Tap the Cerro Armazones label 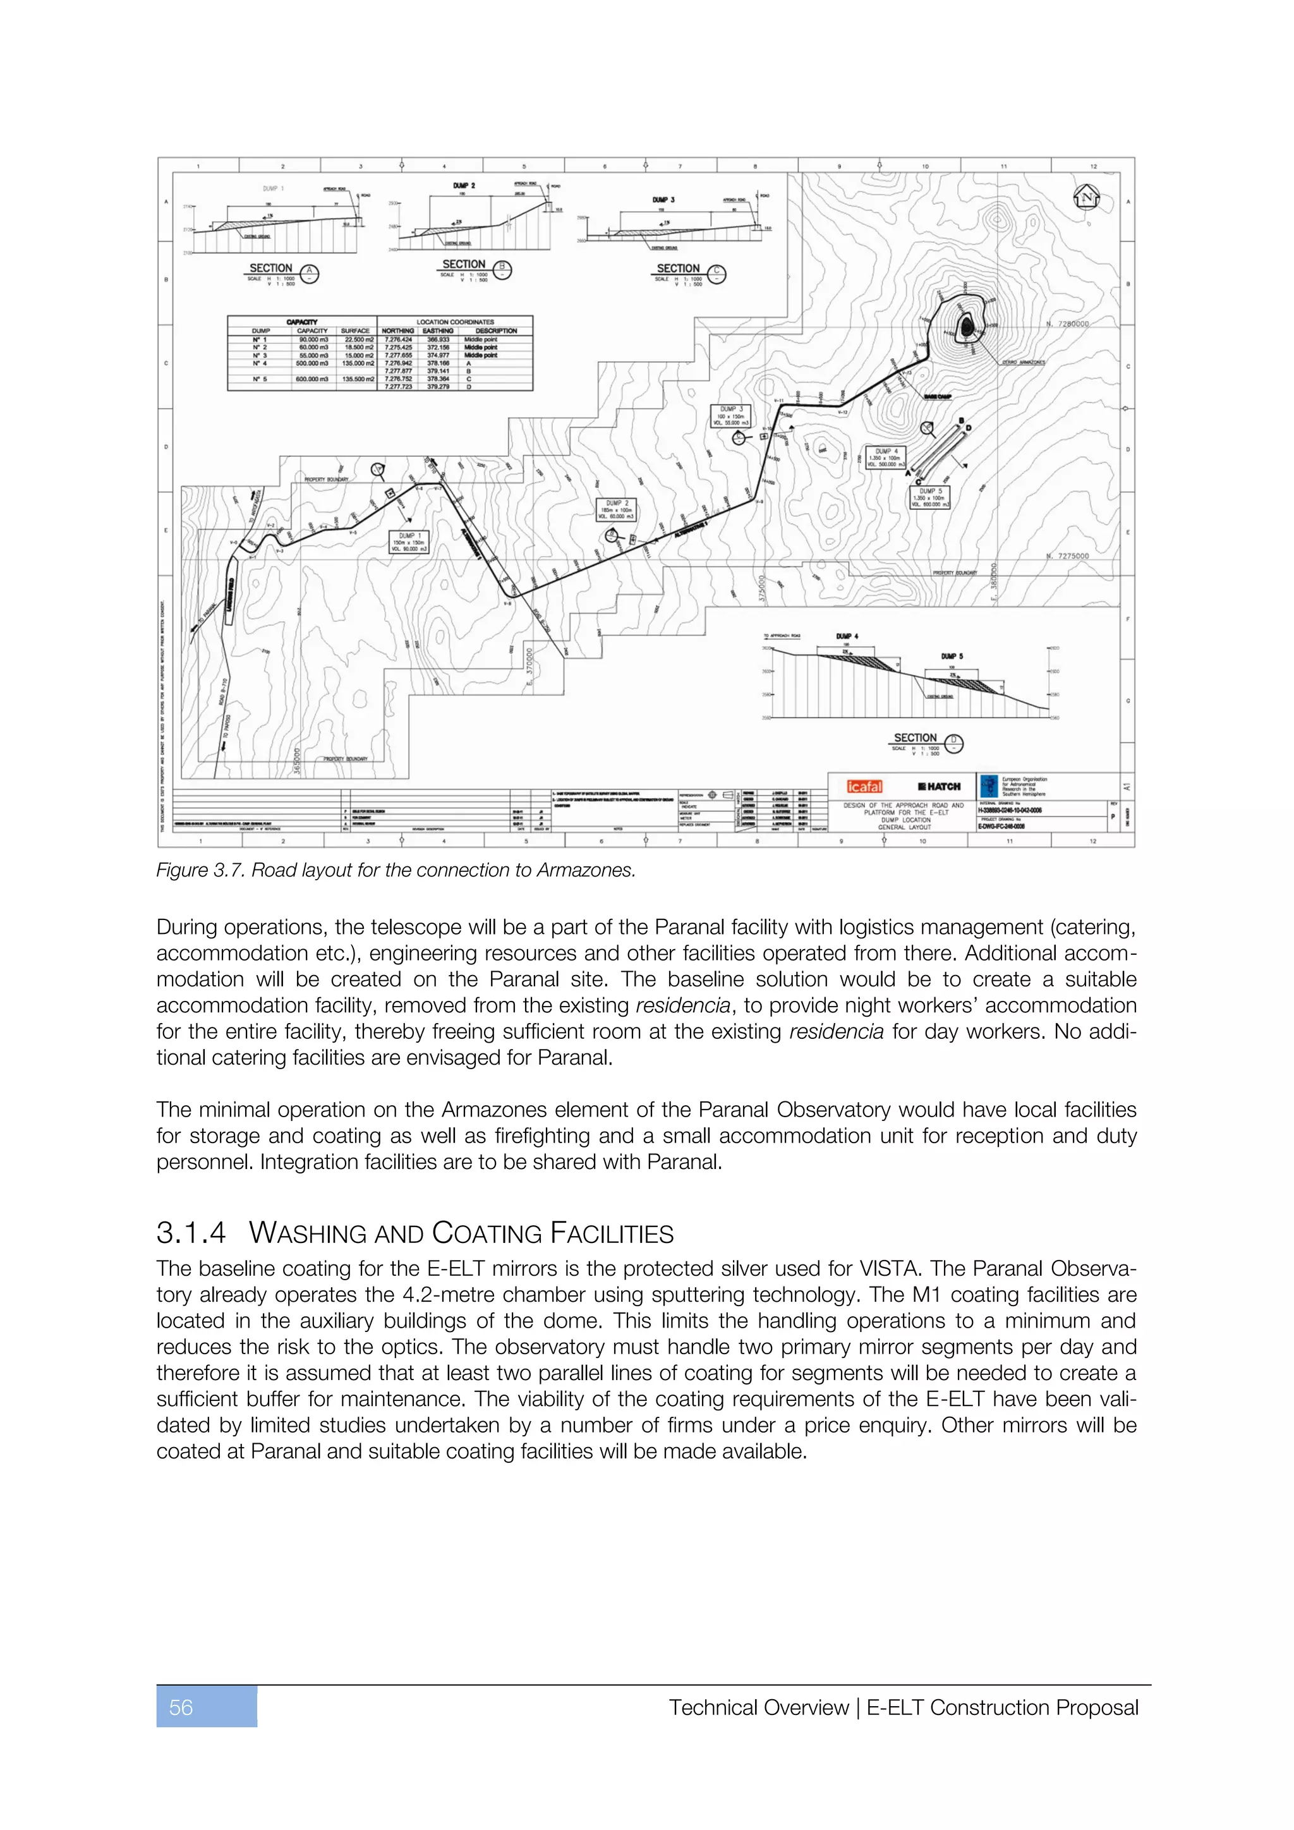point(1023,362)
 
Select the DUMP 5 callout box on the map point(930,497)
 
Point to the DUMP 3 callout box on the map point(730,416)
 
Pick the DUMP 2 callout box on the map point(616,510)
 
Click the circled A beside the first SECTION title point(309,274)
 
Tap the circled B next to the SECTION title point(502,269)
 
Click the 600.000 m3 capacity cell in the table point(311,379)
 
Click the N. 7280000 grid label point(1067,324)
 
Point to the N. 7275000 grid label point(1067,555)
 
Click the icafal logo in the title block point(864,787)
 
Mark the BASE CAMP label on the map point(937,396)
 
